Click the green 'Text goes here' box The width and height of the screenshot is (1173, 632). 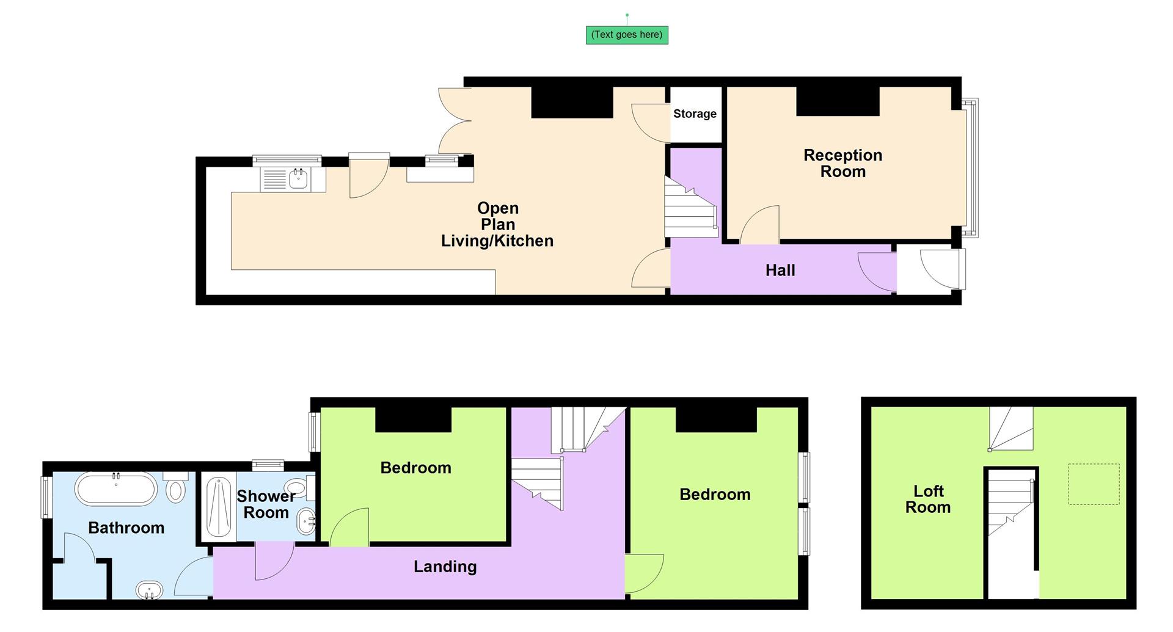(x=626, y=35)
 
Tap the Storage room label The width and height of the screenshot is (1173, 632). (x=695, y=114)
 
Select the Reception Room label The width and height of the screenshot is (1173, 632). (x=842, y=163)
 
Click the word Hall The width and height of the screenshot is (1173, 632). (x=780, y=271)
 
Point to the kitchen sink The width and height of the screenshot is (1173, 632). (x=298, y=180)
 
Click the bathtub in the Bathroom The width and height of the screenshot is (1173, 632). (x=116, y=489)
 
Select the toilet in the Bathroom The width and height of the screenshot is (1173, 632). (x=176, y=490)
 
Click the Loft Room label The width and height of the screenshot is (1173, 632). (x=927, y=499)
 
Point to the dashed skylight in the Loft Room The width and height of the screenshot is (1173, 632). (x=1093, y=484)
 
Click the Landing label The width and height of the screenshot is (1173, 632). (x=445, y=567)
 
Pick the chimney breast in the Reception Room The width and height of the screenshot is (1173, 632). (x=838, y=101)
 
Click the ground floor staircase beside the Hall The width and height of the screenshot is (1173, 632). (x=690, y=208)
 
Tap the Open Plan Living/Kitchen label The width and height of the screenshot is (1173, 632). (x=497, y=225)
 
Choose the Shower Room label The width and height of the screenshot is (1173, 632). (x=266, y=504)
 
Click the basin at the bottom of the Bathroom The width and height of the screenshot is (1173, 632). (x=149, y=591)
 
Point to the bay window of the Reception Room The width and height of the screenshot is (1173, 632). (x=970, y=168)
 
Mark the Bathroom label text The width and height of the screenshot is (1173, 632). (x=126, y=528)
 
